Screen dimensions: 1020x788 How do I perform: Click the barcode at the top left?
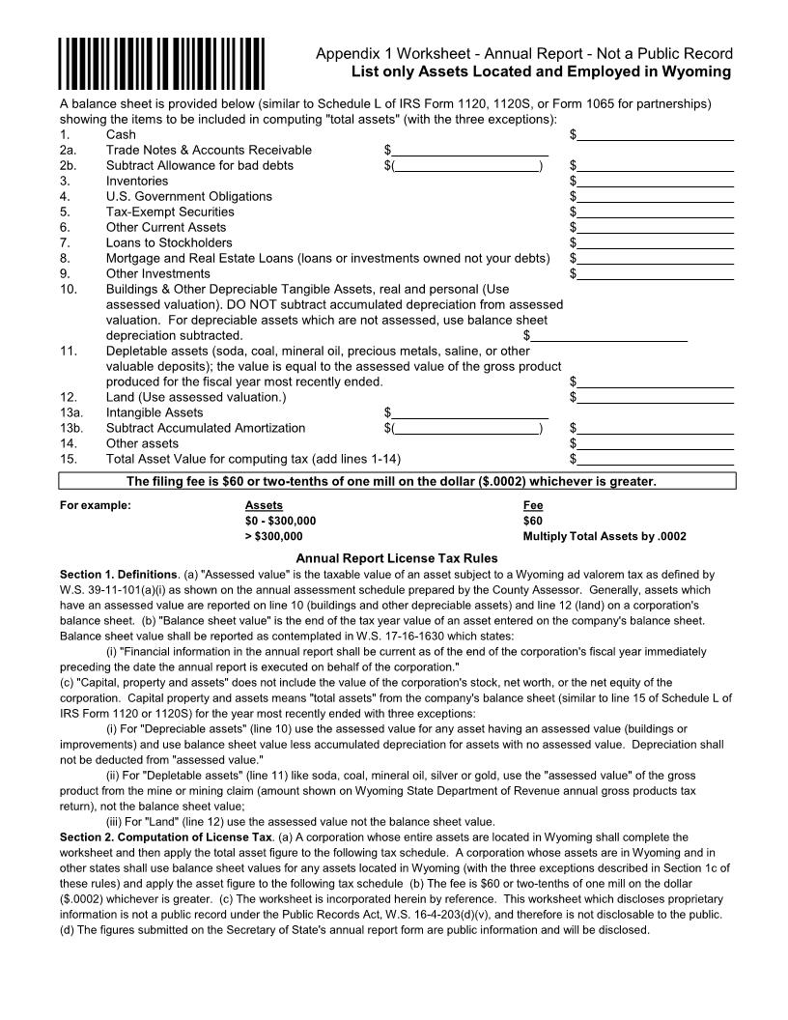pos(161,63)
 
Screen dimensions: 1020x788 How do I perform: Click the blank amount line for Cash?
pos(655,136)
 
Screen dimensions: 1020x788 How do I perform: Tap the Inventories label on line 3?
pos(136,181)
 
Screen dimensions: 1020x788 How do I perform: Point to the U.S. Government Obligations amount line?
pos(655,197)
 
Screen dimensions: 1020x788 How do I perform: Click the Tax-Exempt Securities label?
pos(170,212)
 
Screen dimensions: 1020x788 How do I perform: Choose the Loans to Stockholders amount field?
pos(655,243)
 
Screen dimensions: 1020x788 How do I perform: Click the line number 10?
pos(68,289)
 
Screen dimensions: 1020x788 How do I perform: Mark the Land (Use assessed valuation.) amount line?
pos(655,398)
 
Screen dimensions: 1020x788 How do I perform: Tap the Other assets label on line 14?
pos(142,443)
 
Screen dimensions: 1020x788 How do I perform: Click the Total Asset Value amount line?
pos(655,460)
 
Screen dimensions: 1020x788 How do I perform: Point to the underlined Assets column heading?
pos(264,505)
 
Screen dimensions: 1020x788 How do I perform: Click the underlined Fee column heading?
pos(533,505)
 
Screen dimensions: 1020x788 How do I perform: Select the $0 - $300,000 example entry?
pos(280,521)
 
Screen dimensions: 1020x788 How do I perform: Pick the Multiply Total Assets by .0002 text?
pos(605,536)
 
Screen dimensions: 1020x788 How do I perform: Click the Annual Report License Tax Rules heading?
pos(397,558)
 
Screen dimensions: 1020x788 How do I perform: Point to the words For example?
pos(96,505)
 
